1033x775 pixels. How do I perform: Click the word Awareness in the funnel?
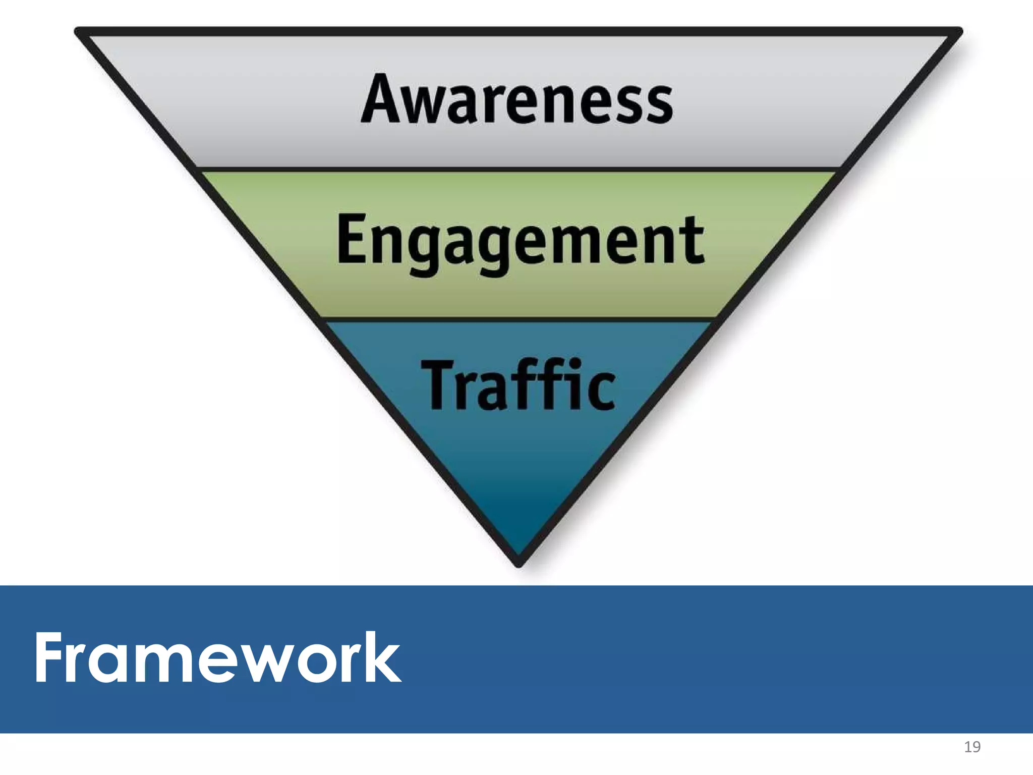tap(517, 99)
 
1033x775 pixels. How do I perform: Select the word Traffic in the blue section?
tap(519, 385)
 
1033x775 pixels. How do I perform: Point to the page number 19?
tap(972, 747)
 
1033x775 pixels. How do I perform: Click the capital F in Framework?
tap(50, 658)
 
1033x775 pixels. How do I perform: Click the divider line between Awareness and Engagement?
tap(519, 169)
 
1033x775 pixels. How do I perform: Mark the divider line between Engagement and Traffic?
tap(519, 319)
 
